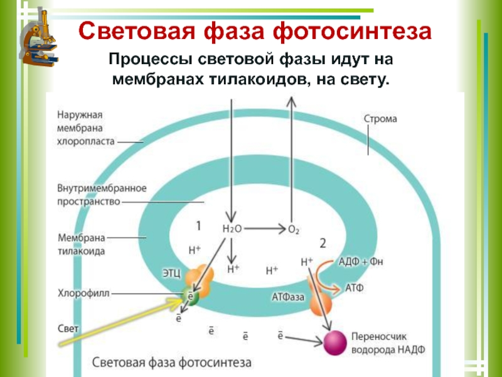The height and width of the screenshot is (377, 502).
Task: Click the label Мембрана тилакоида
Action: click(x=82, y=244)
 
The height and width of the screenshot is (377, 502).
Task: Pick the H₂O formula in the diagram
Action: click(x=232, y=229)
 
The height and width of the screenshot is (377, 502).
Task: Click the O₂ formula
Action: click(x=293, y=230)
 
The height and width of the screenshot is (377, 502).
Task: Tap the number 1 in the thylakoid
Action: click(x=198, y=225)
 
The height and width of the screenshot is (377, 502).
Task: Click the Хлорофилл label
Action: click(x=84, y=293)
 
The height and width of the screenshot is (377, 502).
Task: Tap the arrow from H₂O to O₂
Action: click(x=264, y=229)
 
